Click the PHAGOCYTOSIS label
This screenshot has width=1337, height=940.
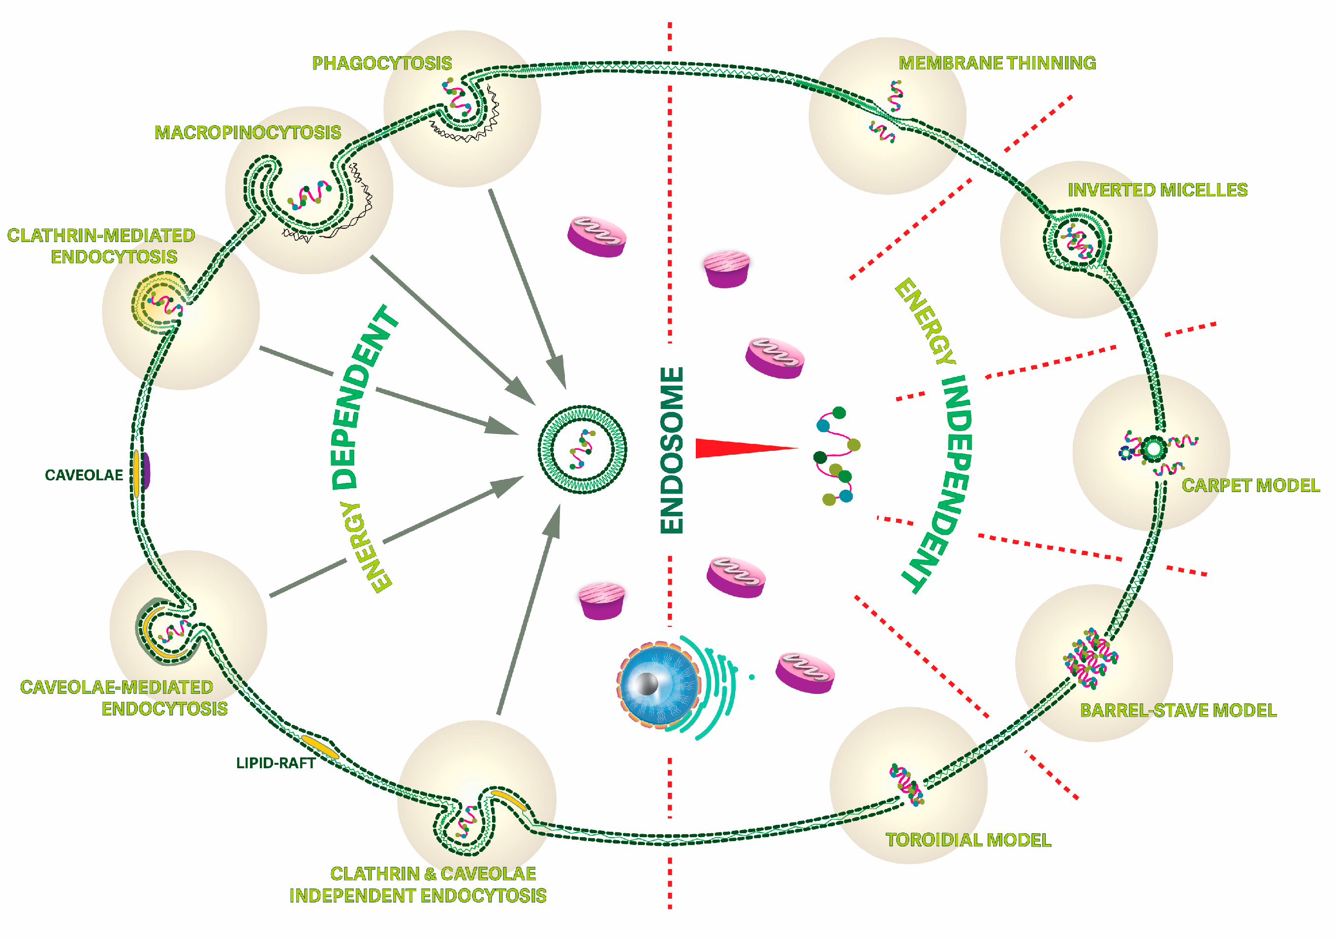coord(382,63)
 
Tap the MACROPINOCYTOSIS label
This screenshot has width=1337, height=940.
coord(248,132)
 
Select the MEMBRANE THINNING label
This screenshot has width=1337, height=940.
coord(997,63)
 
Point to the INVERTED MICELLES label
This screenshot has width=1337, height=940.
coord(1157,190)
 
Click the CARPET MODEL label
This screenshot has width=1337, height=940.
coord(1250,485)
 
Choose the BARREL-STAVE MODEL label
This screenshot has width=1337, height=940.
coord(1178,710)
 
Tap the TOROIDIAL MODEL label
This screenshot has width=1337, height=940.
coord(968,839)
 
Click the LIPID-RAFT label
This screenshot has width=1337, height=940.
coord(276,763)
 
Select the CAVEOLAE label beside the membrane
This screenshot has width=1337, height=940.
coord(84,475)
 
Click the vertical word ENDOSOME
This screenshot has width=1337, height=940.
coord(671,450)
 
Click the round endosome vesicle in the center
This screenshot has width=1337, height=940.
coord(582,450)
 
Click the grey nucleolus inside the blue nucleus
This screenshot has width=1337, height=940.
coord(647,684)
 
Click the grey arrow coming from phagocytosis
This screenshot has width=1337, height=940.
coord(528,288)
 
